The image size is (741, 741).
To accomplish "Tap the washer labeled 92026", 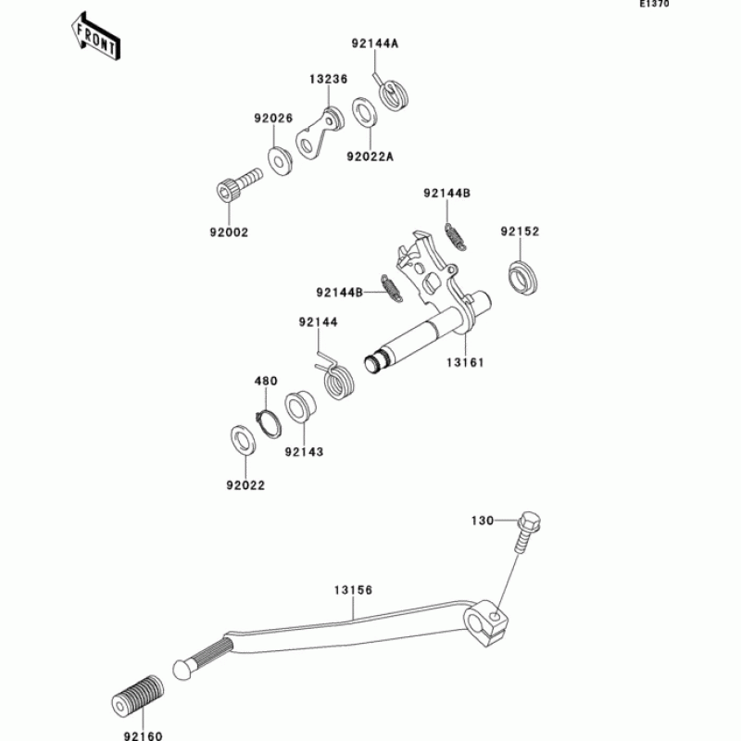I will click(278, 158).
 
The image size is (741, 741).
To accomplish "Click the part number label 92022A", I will click(370, 157).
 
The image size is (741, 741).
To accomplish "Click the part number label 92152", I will click(520, 231).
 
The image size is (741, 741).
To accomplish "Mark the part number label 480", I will click(266, 381).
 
